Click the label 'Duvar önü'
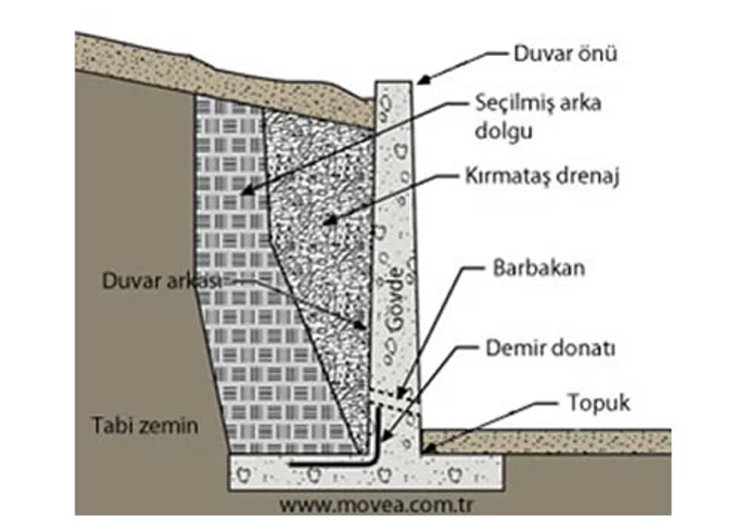565,53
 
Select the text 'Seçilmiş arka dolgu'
538,116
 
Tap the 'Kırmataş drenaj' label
542,177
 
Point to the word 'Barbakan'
538,268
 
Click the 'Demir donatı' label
551,348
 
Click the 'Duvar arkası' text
162,281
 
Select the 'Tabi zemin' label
145,425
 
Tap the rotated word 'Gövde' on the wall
393,300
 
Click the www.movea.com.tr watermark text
376,505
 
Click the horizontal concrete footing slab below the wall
365,472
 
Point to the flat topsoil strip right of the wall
547,441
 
